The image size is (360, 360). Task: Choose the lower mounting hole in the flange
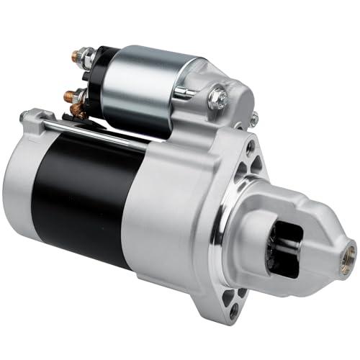pyautogui.click(x=232, y=310)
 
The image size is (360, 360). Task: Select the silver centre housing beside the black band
pyautogui.click(x=166, y=216)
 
